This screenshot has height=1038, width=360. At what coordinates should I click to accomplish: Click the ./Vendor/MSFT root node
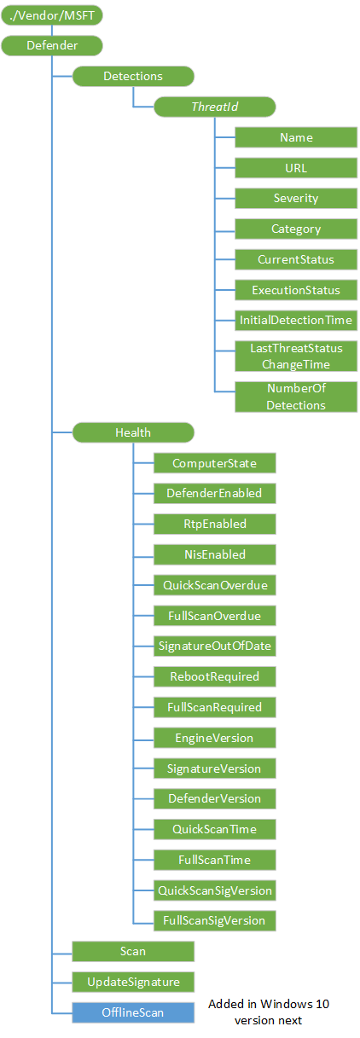tap(52, 15)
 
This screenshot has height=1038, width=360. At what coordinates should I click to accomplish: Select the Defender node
tap(52, 45)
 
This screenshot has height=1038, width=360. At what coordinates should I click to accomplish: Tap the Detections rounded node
tap(133, 76)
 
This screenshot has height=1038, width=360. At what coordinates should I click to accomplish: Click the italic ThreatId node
tap(214, 107)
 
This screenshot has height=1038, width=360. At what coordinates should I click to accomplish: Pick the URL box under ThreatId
tap(296, 168)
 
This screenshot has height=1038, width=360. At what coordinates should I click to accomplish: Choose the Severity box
tap(296, 199)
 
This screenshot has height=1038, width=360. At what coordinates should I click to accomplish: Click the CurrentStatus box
tap(296, 259)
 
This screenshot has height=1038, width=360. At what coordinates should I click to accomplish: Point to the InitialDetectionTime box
tap(296, 320)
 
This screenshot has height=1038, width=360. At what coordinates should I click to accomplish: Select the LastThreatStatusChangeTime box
tap(296, 356)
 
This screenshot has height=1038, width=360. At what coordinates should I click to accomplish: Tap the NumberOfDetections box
tap(296, 397)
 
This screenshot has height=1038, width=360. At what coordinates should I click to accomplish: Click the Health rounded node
tap(133, 432)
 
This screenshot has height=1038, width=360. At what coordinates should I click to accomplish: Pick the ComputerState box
tap(214, 463)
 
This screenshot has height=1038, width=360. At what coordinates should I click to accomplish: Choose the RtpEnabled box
tap(214, 524)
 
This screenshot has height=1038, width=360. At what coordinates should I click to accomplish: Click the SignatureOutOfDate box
tap(214, 646)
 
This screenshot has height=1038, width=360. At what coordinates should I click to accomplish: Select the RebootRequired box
tap(214, 676)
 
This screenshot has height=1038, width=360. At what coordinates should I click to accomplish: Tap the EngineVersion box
tap(214, 738)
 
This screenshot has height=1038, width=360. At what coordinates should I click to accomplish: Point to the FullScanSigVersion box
tap(214, 921)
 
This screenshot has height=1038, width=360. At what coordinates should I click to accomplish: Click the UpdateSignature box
tap(133, 982)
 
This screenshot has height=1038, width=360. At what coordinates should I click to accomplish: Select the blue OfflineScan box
tap(133, 1012)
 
